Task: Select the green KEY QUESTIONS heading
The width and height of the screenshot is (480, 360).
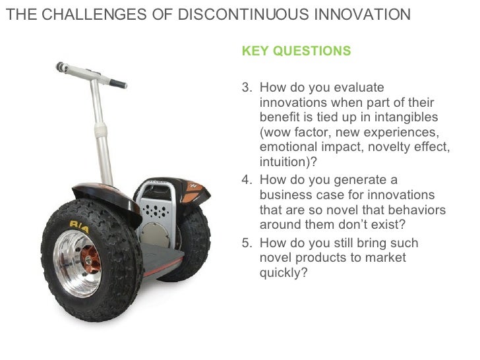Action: (297, 51)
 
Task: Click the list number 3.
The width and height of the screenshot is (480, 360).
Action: (246, 88)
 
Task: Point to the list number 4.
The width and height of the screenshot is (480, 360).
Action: (246, 180)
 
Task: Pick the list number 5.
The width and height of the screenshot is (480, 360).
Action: (246, 243)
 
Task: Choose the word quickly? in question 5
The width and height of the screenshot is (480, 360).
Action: (284, 272)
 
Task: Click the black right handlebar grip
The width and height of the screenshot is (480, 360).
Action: (117, 84)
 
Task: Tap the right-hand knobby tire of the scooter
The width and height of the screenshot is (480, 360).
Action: (192, 237)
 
